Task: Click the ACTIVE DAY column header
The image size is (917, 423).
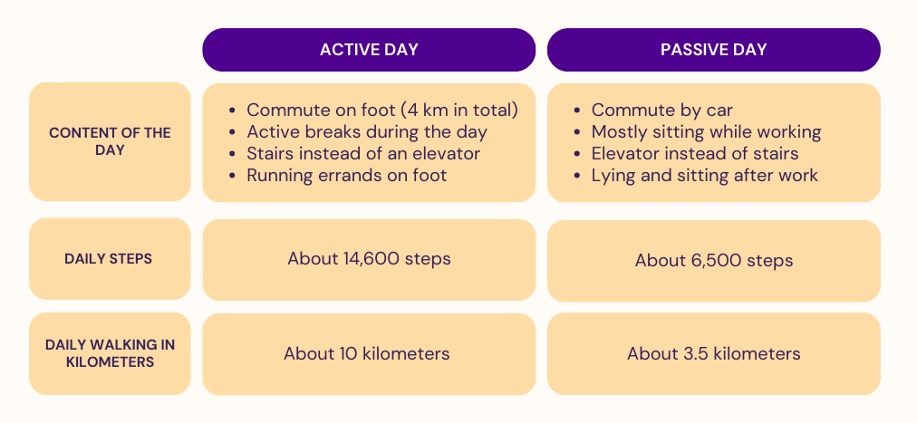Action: (x=369, y=50)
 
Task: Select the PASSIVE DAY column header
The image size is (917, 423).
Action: (x=713, y=50)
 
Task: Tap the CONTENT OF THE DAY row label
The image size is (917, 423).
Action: (x=110, y=141)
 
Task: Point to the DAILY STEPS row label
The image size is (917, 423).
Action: (x=110, y=259)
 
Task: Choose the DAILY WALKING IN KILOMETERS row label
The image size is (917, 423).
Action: (x=110, y=353)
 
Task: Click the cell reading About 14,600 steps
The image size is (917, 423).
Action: (x=369, y=259)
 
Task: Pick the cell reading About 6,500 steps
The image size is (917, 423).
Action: (x=713, y=261)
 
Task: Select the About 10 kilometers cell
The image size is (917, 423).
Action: (x=369, y=354)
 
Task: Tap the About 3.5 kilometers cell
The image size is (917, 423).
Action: (x=713, y=353)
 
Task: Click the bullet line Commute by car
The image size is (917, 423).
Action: (x=661, y=111)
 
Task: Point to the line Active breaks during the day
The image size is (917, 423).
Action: (x=367, y=132)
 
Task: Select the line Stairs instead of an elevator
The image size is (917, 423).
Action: (x=363, y=154)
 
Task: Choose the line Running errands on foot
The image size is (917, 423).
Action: (x=347, y=176)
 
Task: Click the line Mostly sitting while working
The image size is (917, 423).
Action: (x=706, y=132)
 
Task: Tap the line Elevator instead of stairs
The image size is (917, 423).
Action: (x=695, y=154)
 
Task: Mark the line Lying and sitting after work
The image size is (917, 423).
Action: (x=704, y=176)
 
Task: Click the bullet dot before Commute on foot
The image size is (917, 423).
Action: (x=233, y=111)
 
